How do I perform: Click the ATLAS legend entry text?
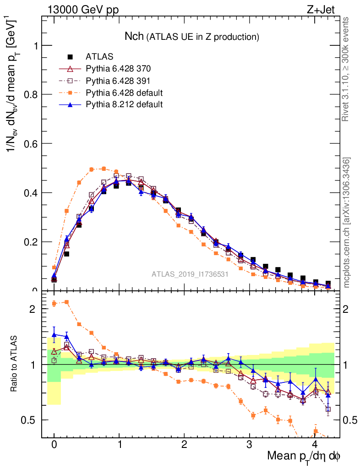100,57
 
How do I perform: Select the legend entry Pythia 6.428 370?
118,69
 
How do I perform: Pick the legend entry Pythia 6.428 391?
118,81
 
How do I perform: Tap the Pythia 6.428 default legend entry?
124,93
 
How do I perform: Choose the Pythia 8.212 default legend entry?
124,104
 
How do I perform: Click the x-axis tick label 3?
250,445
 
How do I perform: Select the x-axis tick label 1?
120,445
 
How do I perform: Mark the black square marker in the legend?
71,57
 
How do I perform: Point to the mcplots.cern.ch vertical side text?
347,223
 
